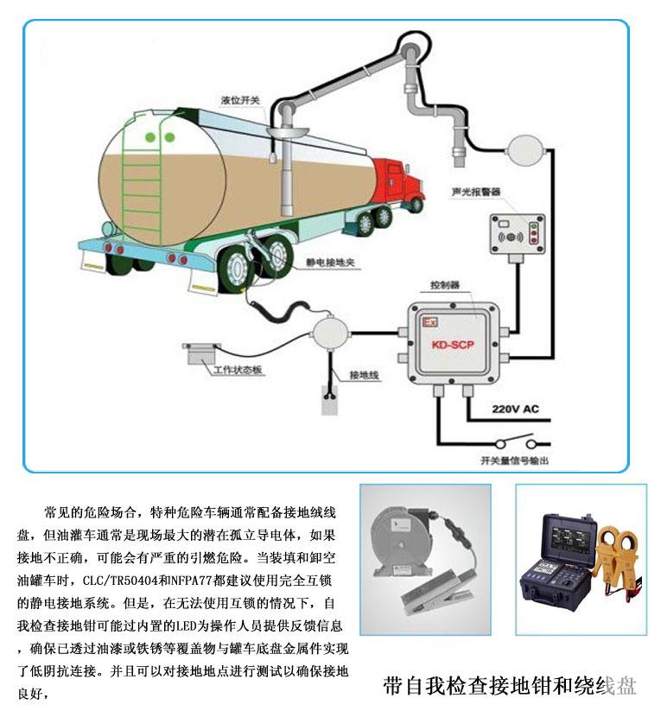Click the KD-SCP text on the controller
click(450, 343)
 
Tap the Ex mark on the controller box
click(426, 321)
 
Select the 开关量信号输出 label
click(514, 462)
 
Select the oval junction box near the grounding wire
click(328, 333)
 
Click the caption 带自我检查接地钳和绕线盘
click(510, 687)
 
